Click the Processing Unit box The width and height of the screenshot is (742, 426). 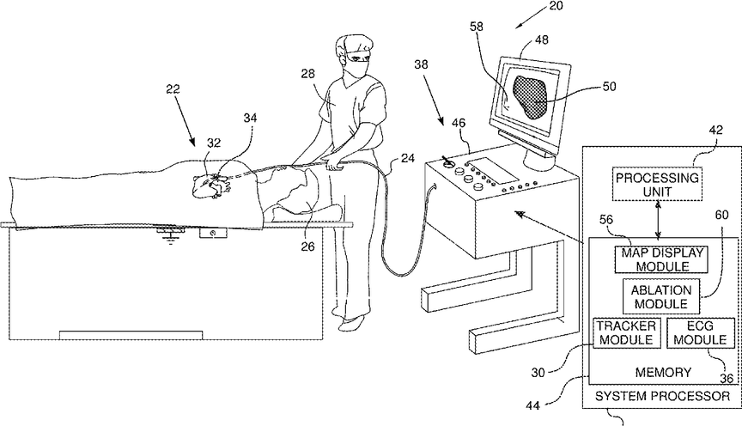657,182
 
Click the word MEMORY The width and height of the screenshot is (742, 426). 662,372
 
